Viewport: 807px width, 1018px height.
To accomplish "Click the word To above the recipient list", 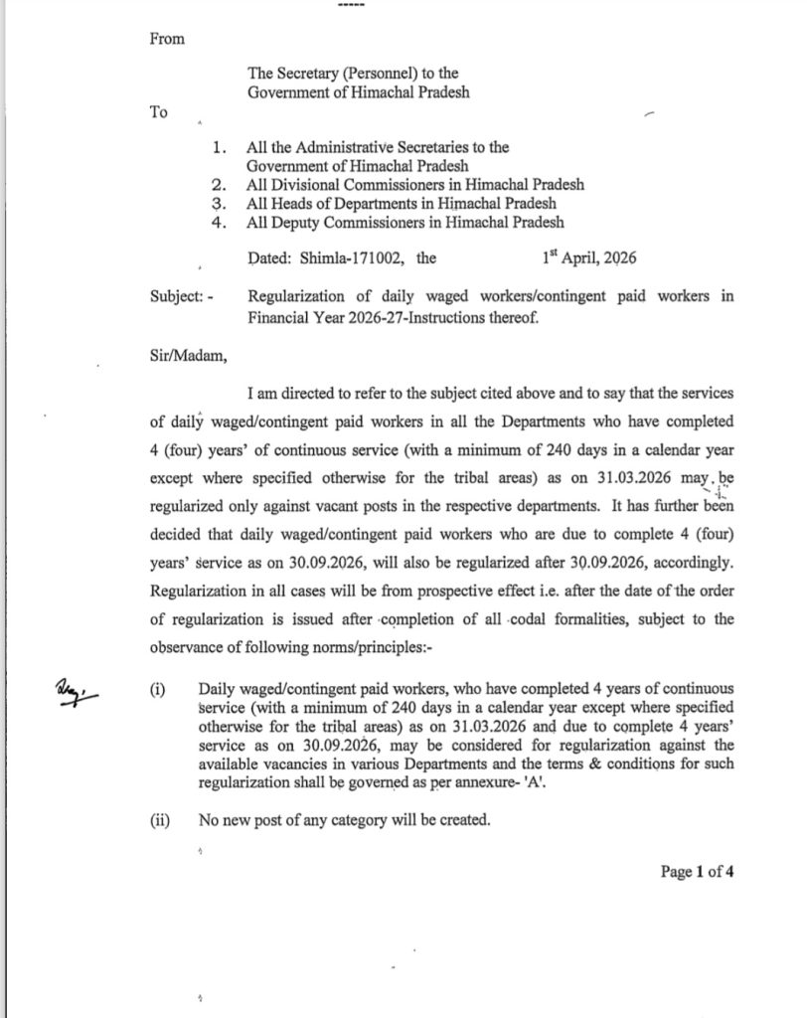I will click(x=159, y=112).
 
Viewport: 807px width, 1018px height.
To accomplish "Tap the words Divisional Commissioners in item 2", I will click(x=354, y=184).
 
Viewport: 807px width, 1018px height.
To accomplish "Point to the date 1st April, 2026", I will click(x=589, y=257).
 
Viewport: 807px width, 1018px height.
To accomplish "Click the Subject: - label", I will click(x=180, y=296).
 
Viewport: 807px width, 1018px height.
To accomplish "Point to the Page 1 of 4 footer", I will click(x=697, y=872).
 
